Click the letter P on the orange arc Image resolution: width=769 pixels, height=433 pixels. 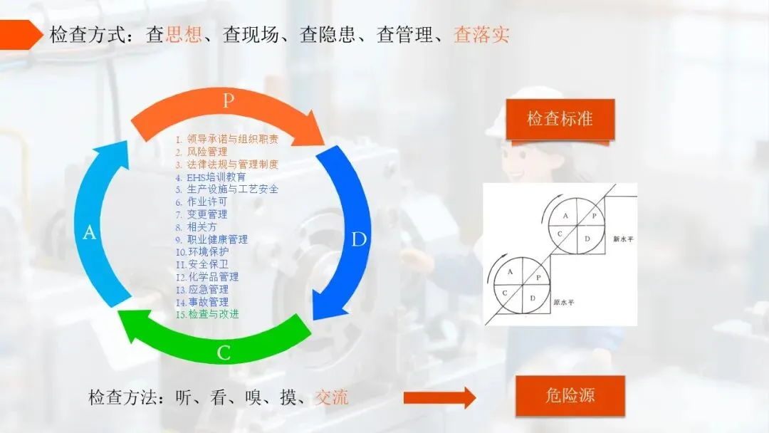pos(228,100)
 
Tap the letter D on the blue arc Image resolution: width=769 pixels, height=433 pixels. pos(358,239)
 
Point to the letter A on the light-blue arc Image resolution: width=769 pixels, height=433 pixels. pos(89,232)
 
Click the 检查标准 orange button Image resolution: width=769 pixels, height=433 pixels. pos(560,119)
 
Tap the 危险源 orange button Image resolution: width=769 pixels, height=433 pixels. pos(570,396)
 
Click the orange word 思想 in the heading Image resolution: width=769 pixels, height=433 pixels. pos(183,35)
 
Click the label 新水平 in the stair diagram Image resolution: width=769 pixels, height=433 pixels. pos(622,239)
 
